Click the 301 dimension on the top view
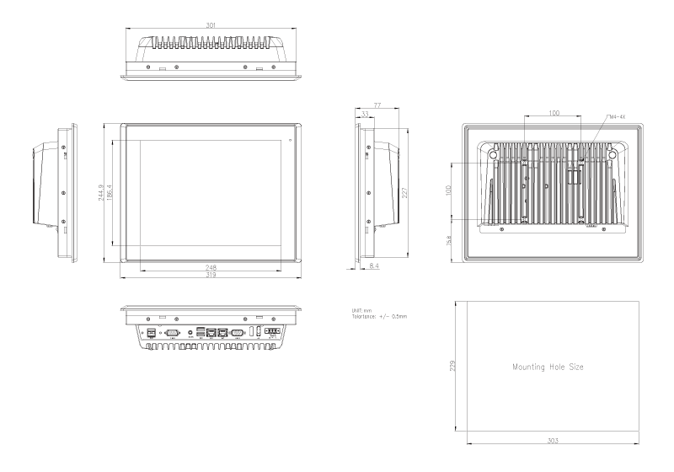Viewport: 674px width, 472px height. coord(211,25)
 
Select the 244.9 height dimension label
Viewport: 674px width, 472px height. coord(101,193)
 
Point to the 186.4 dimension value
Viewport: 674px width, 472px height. coord(110,192)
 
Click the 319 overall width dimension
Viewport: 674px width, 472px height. coord(211,276)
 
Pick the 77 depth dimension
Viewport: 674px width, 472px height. coord(378,106)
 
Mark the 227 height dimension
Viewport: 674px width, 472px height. coord(406,192)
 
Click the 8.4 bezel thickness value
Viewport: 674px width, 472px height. coord(373,265)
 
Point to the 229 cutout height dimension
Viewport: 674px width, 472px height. coord(455,367)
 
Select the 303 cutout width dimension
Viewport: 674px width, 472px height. coord(551,441)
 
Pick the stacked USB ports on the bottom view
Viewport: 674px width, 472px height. coord(201,332)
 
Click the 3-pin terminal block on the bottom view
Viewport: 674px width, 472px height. coord(272,332)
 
